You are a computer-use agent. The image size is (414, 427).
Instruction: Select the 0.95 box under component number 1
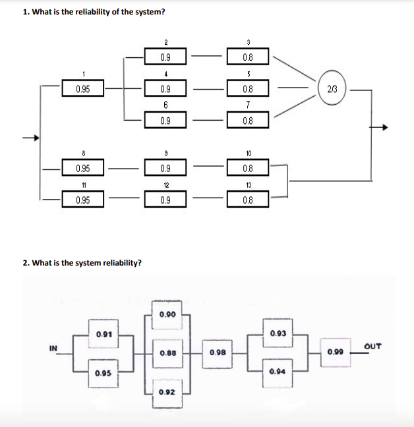[83, 89]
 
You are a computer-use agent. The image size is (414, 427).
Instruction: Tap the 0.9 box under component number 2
[166, 57]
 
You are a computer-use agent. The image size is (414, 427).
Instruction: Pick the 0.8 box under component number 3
[249, 57]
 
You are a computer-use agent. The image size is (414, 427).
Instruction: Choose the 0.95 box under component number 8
[83, 168]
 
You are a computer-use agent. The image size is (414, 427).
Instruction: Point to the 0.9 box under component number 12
[166, 199]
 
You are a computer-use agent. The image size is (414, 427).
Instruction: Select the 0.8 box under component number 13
[249, 199]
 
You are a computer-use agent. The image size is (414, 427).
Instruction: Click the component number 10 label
[249, 154]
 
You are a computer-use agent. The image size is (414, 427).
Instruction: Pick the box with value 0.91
[103, 335]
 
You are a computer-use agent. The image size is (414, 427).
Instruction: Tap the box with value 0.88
[167, 353]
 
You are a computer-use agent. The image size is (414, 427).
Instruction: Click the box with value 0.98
[218, 353]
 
